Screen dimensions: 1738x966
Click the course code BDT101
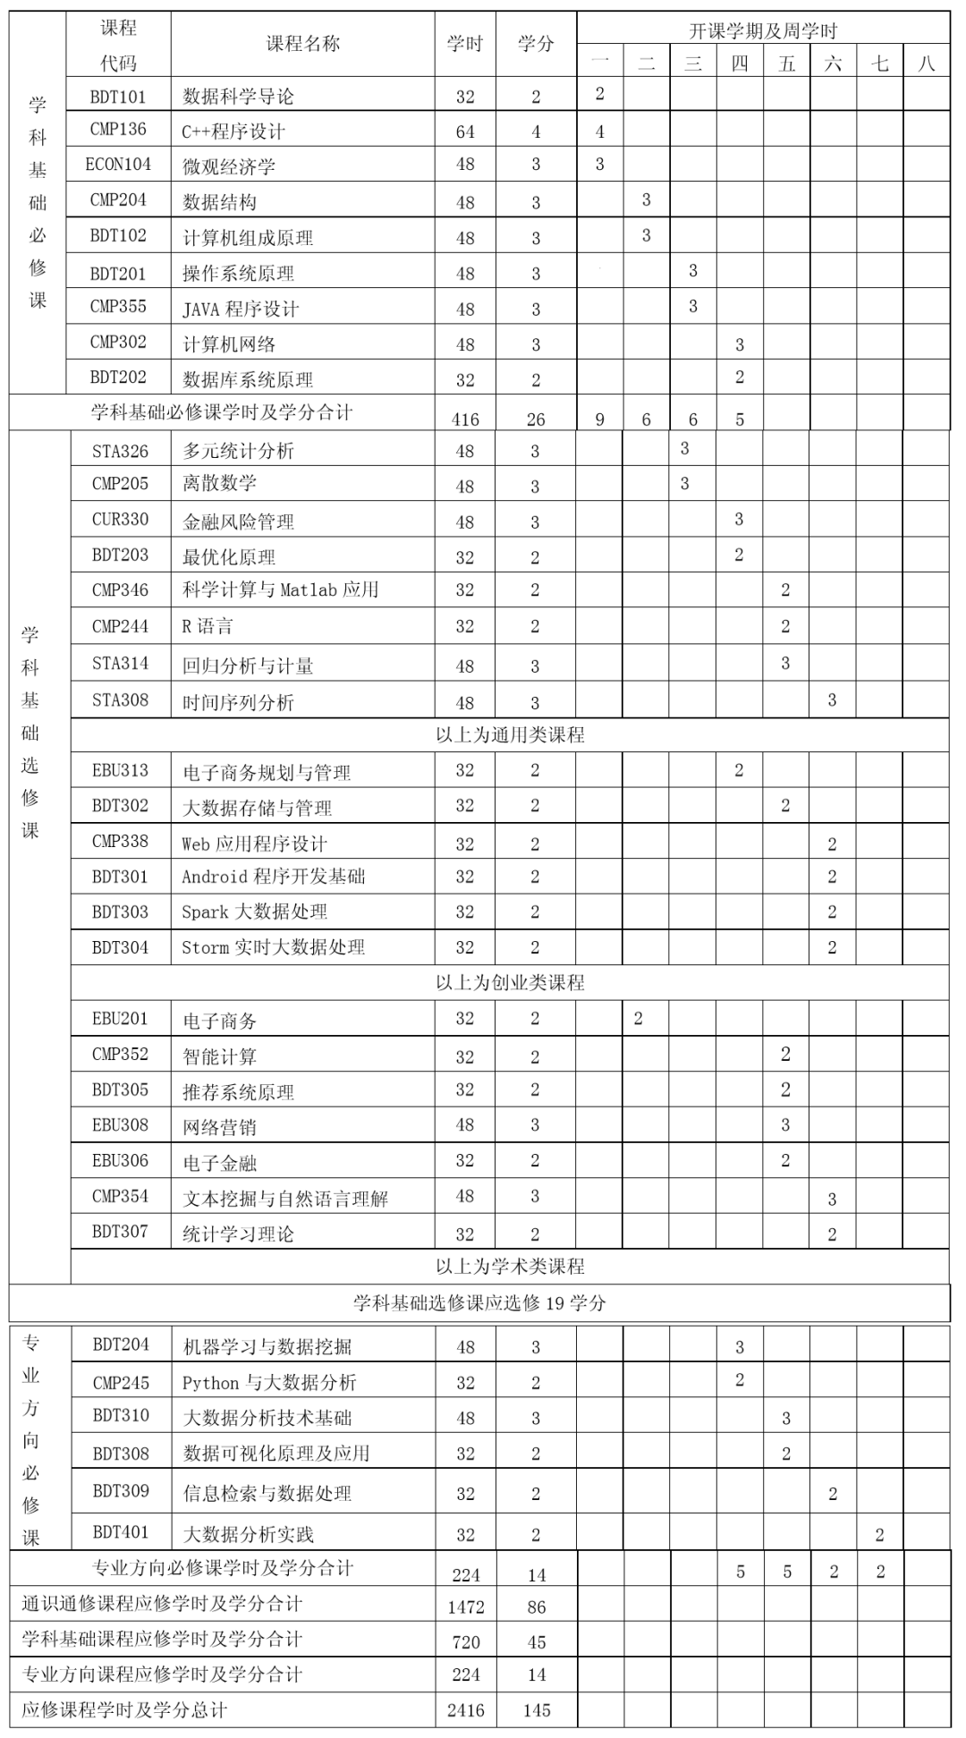[118, 97]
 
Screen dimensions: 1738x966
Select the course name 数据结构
[219, 202]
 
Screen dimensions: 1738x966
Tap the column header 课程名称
[303, 44]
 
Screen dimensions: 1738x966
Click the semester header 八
[926, 64]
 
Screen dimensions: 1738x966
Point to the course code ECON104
[118, 165]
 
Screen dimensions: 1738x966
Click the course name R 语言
[208, 626]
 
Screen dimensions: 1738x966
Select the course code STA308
[120, 700]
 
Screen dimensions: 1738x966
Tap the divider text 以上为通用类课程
[510, 735]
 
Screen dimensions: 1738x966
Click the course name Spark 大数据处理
[254, 912]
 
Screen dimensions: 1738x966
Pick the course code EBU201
[120, 1019]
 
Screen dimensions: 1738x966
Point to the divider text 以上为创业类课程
[510, 983]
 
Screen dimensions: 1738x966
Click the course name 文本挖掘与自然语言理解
[285, 1199]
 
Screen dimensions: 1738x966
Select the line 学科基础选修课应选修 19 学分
[479, 1303]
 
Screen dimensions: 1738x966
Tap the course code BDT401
[121, 1532]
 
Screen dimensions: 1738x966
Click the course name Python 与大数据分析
[269, 1383]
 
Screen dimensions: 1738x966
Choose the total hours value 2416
[466, 1710]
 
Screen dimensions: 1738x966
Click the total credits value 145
[537, 1710]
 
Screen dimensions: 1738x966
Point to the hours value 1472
[466, 1607]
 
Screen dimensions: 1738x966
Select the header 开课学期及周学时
[763, 31]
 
